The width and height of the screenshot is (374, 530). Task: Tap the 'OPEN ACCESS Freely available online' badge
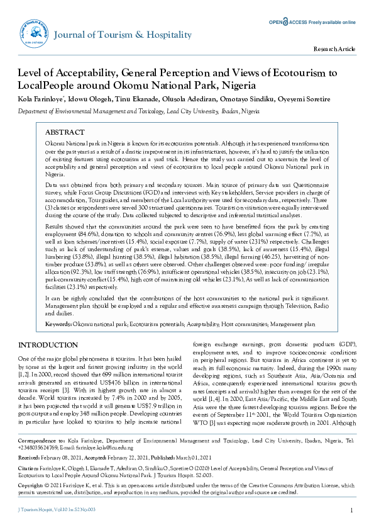coord(312,22)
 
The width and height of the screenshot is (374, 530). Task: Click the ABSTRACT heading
coord(65,133)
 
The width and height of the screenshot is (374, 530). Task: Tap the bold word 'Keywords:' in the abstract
coord(58,324)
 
